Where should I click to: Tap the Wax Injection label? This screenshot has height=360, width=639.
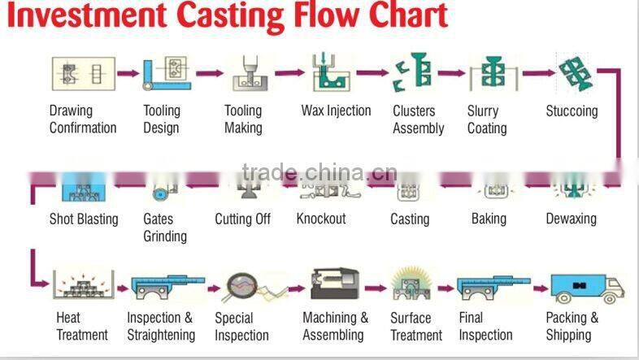click(336, 111)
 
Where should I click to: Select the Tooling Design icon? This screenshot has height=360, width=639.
click(167, 73)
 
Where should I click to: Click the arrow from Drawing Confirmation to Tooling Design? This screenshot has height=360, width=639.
click(128, 73)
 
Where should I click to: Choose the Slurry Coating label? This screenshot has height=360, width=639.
click(487, 119)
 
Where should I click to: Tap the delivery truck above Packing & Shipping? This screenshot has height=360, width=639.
click(587, 288)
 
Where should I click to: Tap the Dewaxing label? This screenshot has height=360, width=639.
click(571, 219)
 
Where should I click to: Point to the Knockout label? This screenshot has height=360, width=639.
click(320, 219)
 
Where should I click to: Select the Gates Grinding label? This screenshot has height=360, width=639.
click(165, 228)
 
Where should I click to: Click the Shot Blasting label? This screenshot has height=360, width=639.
click(84, 219)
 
